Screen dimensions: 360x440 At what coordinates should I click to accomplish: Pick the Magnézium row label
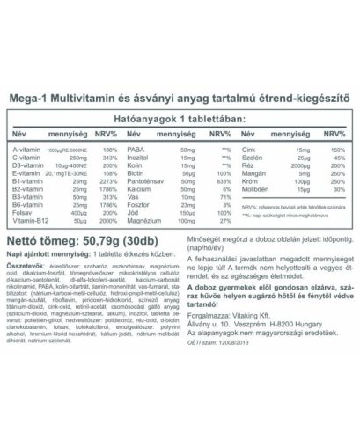click(x=144, y=222)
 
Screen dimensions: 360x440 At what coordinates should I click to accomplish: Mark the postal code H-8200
click(x=279, y=332)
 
